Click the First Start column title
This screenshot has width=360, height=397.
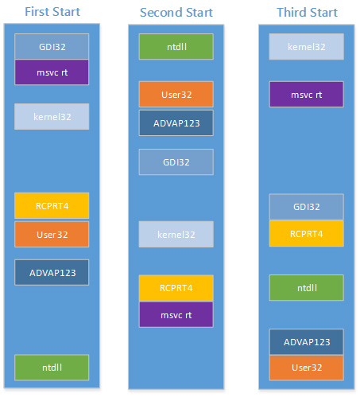52,12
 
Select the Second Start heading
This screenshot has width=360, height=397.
176,13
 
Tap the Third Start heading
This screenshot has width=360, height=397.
307,13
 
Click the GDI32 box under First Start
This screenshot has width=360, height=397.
52,46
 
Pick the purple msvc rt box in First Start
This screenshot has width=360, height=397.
52,72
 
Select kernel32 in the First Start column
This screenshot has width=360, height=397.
52,117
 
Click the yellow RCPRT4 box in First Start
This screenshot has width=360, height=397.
52,206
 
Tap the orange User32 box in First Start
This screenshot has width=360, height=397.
52,235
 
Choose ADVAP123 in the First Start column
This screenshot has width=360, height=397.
52,273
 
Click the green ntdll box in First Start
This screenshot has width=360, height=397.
52,368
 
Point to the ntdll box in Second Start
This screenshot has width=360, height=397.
176,47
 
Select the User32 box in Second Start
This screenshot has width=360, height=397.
176,95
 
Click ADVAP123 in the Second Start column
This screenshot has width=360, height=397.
176,123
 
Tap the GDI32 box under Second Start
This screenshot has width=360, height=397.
176,162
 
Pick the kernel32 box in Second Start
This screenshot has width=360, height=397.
176,235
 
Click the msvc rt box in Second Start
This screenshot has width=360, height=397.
176,315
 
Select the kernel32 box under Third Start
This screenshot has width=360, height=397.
307,47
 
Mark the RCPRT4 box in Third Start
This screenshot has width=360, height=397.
307,234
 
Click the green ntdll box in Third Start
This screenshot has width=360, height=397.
307,288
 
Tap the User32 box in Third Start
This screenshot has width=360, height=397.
307,368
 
